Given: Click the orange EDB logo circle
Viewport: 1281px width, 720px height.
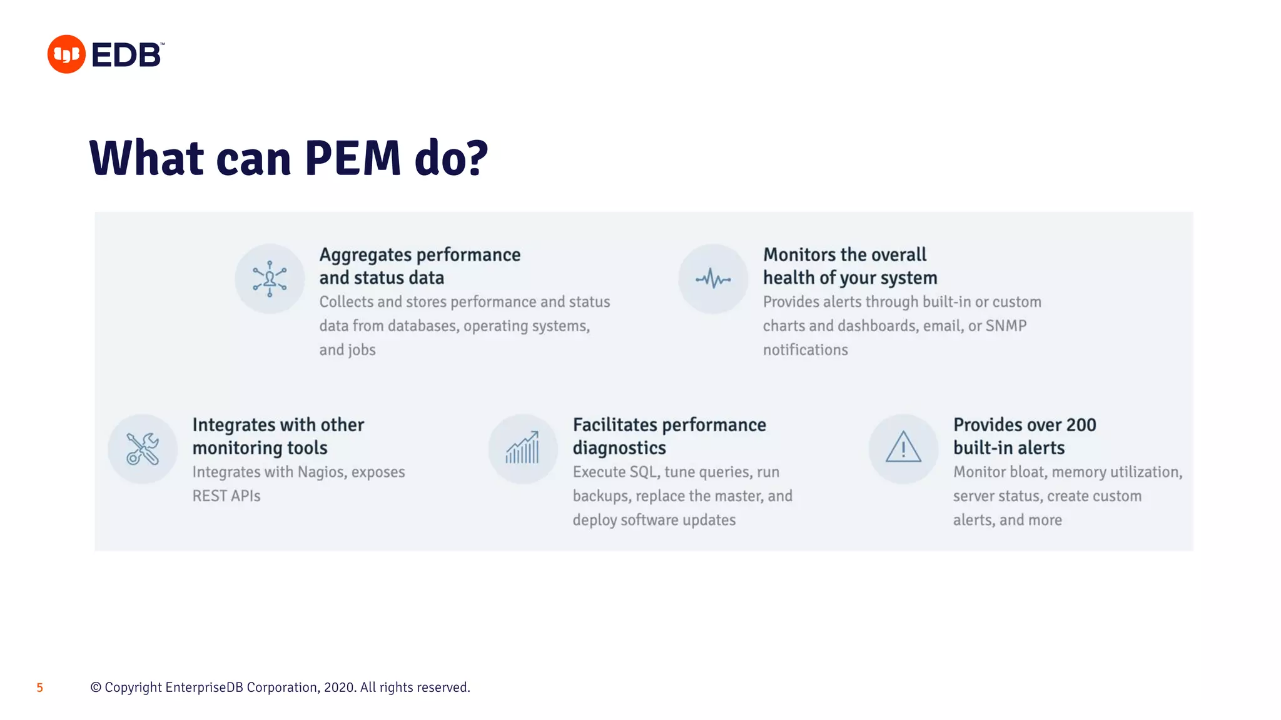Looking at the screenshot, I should point(66,54).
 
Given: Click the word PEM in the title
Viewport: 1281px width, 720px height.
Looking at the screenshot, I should point(353,158).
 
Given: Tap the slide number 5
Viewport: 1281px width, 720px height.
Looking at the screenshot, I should point(39,687).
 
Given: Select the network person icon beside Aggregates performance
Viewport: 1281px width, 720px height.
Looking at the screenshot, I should point(270,279).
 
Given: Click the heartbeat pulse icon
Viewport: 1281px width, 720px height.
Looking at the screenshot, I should point(713,279).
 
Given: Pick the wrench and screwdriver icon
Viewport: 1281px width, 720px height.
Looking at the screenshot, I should point(143,449).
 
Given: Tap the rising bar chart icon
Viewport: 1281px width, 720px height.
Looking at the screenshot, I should point(523,448).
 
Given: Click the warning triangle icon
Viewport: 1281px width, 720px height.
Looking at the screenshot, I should point(903,448).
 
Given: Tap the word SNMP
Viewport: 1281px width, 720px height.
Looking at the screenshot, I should point(1006,326).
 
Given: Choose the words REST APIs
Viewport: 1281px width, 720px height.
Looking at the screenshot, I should point(226,496).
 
